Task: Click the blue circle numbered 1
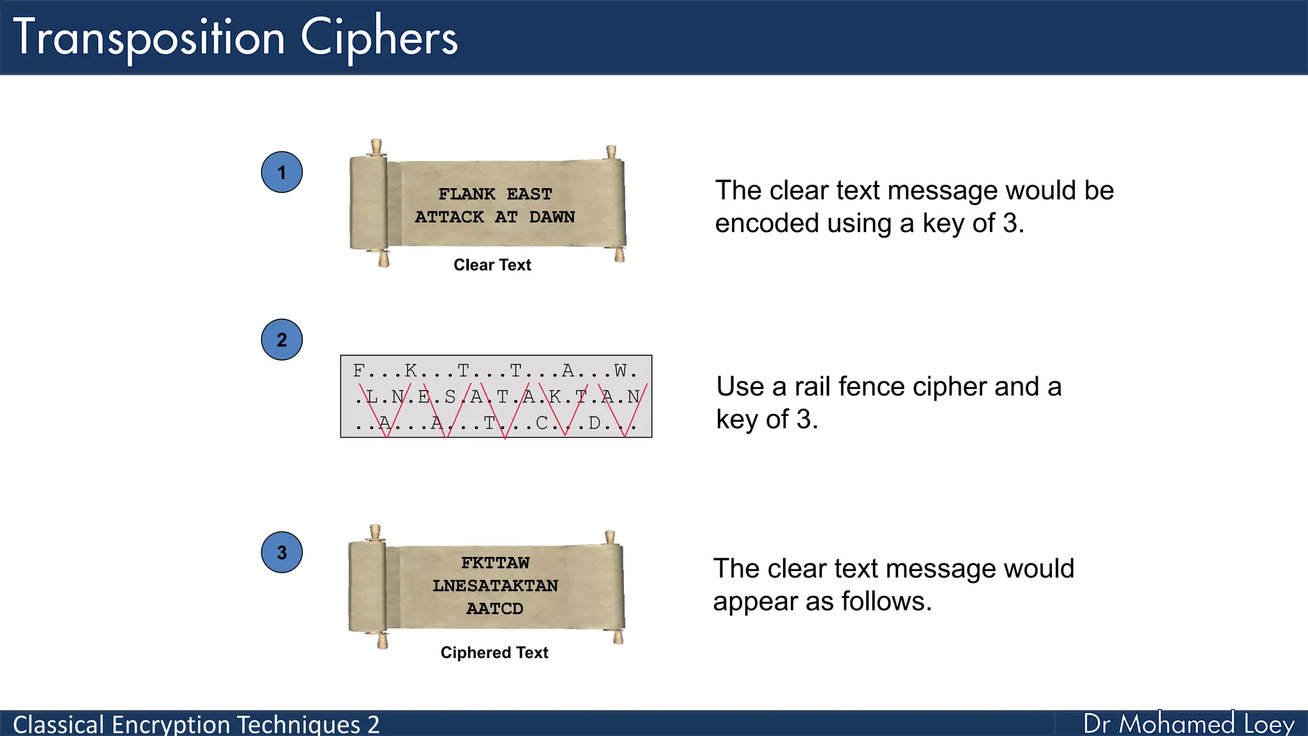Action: pyautogui.click(x=282, y=172)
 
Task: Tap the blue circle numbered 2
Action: pyautogui.click(x=282, y=340)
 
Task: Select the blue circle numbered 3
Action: pyautogui.click(x=282, y=553)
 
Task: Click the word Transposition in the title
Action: pyautogui.click(x=149, y=38)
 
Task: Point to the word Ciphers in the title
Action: pyautogui.click(x=379, y=38)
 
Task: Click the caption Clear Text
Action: pyautogui.click(x=492, y=265)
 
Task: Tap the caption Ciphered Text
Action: pyautogui.click(x=494, y=652)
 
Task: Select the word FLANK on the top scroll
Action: pyautogui.click(x=467, y=194)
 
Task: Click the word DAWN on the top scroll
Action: pyautogui.click(x=552, y=217)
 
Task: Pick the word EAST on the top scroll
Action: pyautogui.click(x=529, y=194)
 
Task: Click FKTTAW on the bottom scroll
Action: pyautogui.click(x=495, y=563)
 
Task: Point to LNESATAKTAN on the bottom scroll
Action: pyautogui.click(x=495, y=586)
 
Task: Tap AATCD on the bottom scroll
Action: pyautogui.click(x=495, y=609)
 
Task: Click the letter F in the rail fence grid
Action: pyautogui.click(x=359, y=371)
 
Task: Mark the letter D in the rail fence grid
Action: pyautogui.click(x=595, y=423)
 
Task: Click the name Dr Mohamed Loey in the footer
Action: pyautogui.click(x=1189, y=724)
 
